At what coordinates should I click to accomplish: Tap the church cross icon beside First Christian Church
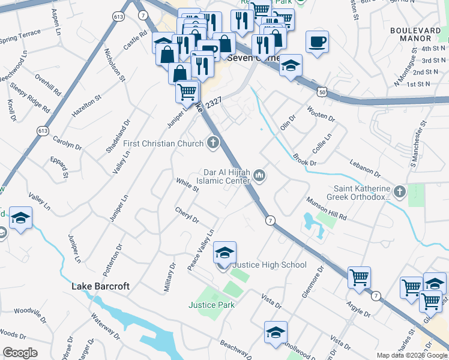point(212,143)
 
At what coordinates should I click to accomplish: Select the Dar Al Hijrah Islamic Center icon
point(259,175)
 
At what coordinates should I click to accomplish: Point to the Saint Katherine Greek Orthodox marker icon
point(400,192)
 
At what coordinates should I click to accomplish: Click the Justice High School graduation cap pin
point(224,253)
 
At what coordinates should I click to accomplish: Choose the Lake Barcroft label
point(100,286)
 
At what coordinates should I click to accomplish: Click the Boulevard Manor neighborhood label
point(419,34)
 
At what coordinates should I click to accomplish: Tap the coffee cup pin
point(317,43)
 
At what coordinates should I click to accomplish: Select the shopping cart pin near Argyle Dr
point(359,278)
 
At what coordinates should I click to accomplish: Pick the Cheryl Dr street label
point(187,215)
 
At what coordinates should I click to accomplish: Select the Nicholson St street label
point(114,65)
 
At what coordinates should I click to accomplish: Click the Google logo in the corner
point(20,353)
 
